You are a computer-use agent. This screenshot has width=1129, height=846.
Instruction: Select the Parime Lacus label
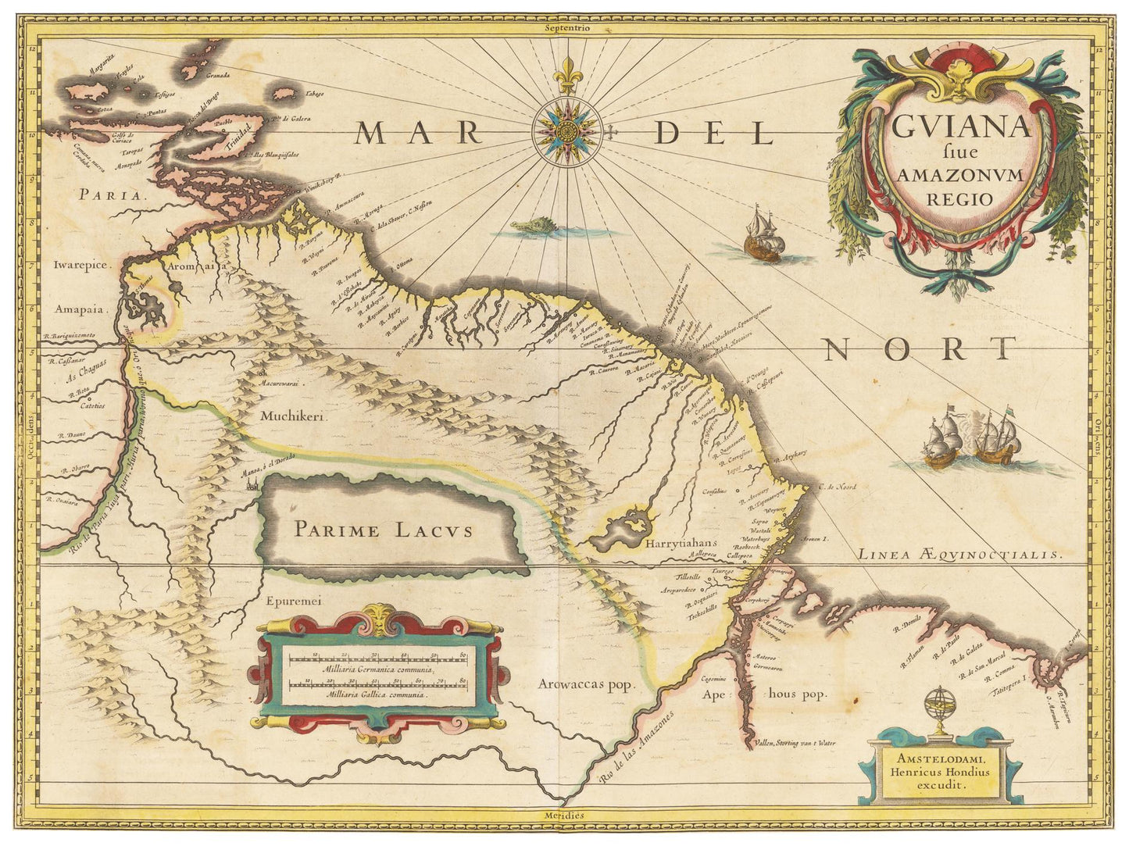[x=383, y=530]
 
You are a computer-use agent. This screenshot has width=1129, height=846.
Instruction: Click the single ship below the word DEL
[x=761, y=237]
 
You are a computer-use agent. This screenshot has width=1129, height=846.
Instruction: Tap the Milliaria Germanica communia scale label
[x=379, y=669]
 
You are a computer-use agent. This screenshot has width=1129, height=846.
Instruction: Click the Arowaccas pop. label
[x=584, y=684]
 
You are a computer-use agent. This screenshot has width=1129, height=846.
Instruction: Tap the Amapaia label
[x=80, y=309]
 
